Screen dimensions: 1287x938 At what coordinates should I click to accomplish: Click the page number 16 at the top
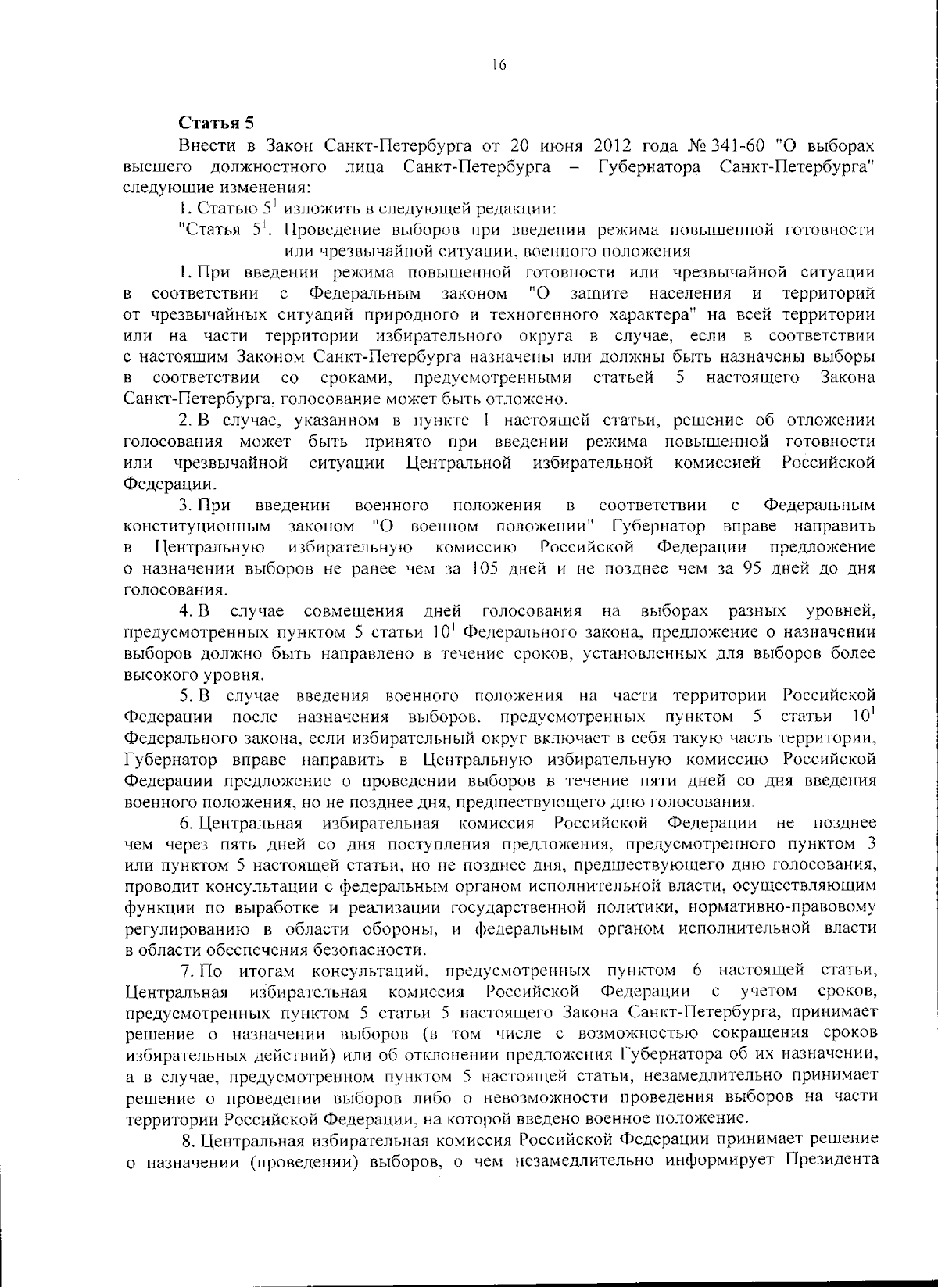(499, 66)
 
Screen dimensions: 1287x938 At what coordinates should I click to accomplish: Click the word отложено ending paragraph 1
(529, 399)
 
